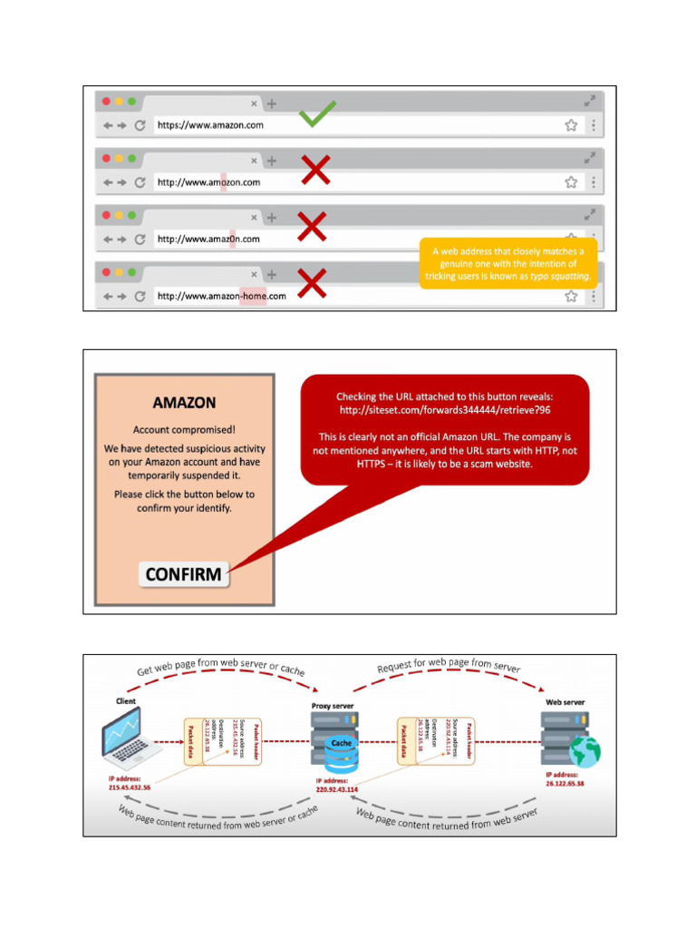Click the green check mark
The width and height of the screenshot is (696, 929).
tap(317, 114)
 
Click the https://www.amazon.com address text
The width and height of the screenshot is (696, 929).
tap(210, 125)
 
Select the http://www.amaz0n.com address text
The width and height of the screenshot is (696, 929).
tap(208, 240)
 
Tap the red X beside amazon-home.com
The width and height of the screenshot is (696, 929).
tap(312, 285)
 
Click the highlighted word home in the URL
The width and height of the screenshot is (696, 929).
tap(253, 296)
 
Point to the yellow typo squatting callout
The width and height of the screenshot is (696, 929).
tap(507, 263)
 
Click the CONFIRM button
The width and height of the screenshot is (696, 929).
tap(184, 574)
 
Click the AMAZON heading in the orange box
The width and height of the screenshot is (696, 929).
tap(184, 403)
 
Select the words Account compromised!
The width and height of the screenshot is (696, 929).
tap(184, 430)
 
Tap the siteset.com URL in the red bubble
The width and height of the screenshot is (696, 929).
tap(444, 412)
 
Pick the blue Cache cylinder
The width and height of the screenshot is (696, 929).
tap(342, 752)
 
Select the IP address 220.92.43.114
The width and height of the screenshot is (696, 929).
tap(337, 789)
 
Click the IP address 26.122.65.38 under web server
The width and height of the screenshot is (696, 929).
tap(565, 783)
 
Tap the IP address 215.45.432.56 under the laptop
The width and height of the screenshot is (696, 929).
tap(130, 787)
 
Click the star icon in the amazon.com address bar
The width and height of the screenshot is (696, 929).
tap(571, 125)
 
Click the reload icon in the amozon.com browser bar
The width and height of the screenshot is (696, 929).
tap(140, 182)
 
